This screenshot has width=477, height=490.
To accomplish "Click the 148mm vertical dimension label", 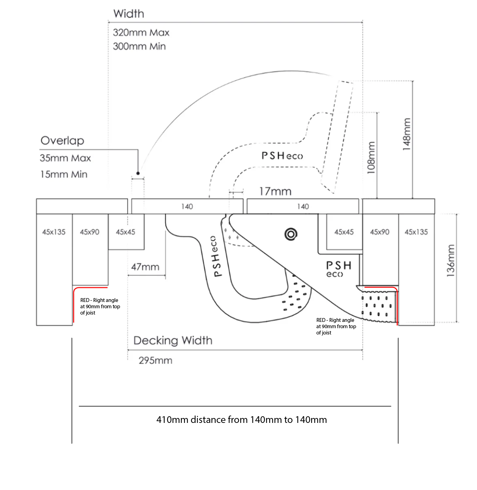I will coord(406,134).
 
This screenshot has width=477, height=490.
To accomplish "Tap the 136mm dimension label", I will coord(451,261).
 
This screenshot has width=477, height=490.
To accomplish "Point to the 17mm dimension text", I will coord(275,192).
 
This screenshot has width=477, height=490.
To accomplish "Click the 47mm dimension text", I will coord(145,267).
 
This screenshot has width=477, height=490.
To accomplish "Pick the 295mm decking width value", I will coord(155,360).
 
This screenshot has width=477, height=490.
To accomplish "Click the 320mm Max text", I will coord(141,33).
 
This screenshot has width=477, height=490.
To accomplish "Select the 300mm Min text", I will coord(139,46).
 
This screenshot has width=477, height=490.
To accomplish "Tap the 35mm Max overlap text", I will coord(65,158).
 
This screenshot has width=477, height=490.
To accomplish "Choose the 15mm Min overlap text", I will coord(64,174).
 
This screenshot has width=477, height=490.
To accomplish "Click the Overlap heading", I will coord(63,141).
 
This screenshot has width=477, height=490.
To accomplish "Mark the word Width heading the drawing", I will coord(129,14).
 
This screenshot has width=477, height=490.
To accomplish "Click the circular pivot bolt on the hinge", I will coord(291,234).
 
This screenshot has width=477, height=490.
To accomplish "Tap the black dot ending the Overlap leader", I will coord(138,173).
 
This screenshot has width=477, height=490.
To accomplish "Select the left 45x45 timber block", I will coord(126,232).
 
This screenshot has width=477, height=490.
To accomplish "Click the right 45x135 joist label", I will coord(416,232).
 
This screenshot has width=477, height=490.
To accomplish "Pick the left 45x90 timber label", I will coord(90,232).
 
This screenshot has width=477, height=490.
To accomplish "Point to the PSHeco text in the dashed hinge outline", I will coord(282,156).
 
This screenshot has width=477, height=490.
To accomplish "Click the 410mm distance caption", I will coord(242,420).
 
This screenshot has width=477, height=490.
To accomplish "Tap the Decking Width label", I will coord(173,341).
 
